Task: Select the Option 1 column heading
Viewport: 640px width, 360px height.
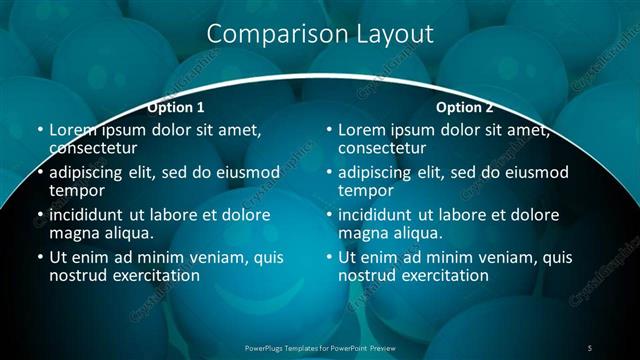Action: tap(176, 107)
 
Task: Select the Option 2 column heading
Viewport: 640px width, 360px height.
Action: tap(465, 107)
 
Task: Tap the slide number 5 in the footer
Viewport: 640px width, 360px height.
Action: tap(589, 347)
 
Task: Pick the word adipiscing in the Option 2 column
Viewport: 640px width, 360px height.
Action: tap(379, 172)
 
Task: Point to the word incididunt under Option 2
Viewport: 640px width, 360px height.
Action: tap(380, 215)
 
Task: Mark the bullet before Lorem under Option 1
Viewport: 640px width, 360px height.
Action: tap(40, 131)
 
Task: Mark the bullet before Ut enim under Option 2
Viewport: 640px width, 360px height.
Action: tap(329, 258)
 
